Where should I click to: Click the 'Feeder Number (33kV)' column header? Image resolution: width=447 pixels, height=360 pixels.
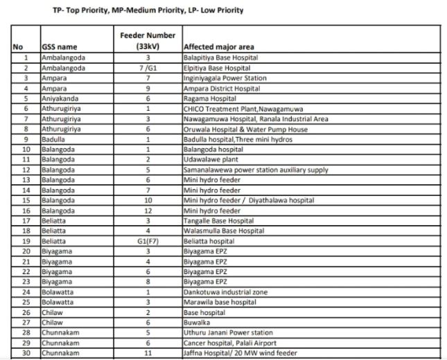(x=147, y=40)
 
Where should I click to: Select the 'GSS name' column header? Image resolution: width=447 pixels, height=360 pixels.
(x=60, y=46)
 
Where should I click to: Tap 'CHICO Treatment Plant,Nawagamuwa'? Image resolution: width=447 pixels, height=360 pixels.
(x=239, y=108)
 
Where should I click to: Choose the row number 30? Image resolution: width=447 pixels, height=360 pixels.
(x=26, y=352)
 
